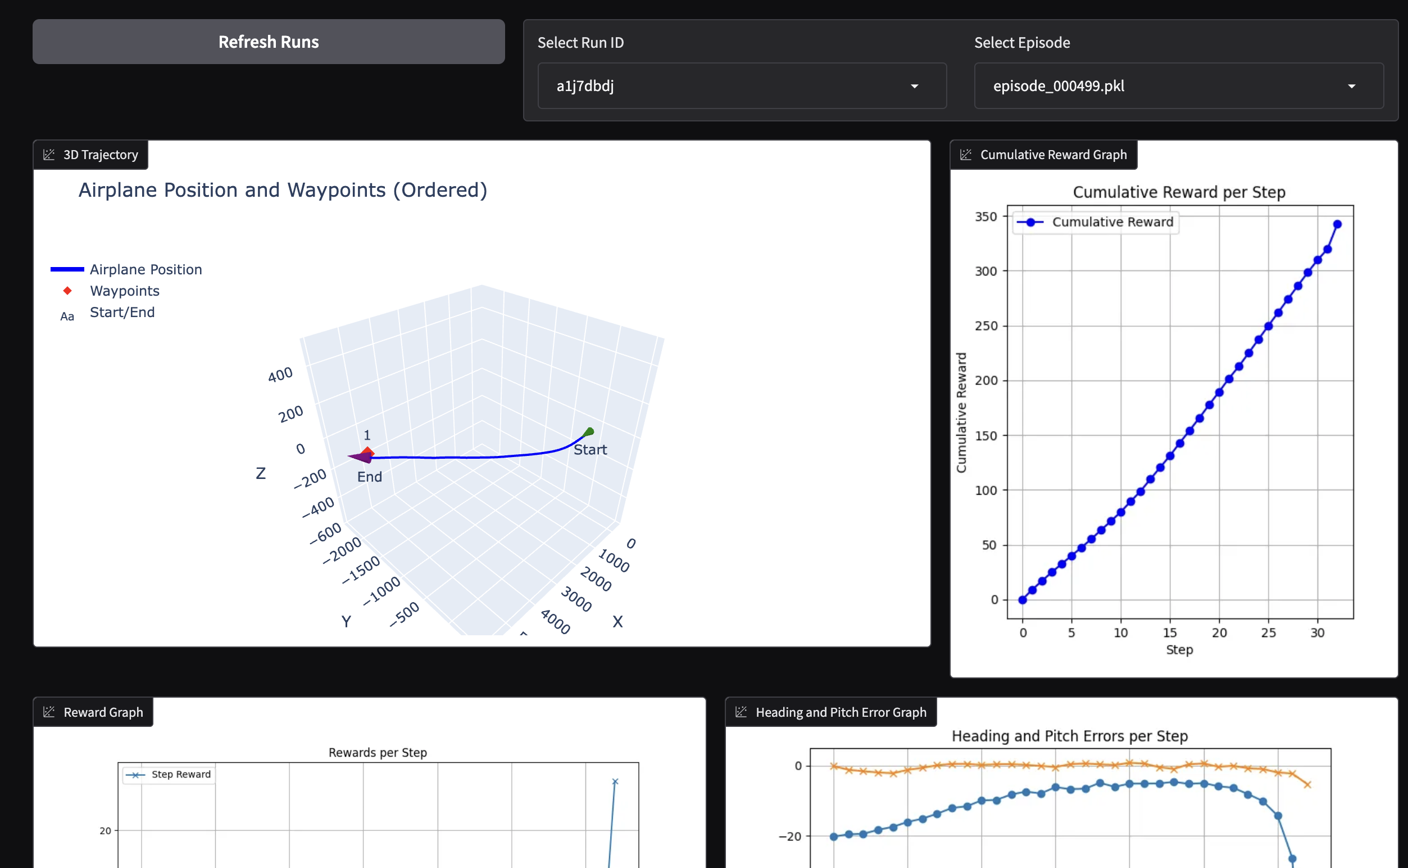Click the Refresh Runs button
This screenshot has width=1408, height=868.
pyautogui.click(x=269, y=42)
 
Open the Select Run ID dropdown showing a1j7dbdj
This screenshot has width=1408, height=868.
pyautogui.click(x=741, y=86)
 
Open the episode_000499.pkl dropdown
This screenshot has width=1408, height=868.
pyautogui.click(x=1178, y=86)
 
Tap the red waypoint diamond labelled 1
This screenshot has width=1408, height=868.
pyautogui.click(x=368, y=453)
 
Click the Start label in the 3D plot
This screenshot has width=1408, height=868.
pyautogui.click(x=590, y=450)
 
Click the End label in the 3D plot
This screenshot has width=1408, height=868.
pyautogui.click(x=370, y=477)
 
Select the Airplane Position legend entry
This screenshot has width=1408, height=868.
pyautogui.click(x=145, y=269)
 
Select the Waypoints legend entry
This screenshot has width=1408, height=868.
pyautogui.click(x=124, y=291)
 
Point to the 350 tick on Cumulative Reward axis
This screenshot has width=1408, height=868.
pyautogui.click(x=985, y=217)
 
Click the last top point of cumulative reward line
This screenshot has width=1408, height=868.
pyautogui.click(x=1337, y=224)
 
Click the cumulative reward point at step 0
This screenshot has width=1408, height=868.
pyautogui.click(x=1023, y=600)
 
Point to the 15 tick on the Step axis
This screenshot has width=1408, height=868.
pyautogui.click(x=1170, y=632)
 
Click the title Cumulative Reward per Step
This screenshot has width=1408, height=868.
pyautogui.click(x=1179, y=192)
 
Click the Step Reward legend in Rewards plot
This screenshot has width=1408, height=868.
pyautogui.click(x=180, y=775)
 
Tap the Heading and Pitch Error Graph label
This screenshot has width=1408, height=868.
pyautogui.click(x=840, y=712)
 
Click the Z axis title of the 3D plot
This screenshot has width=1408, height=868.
pyautogui.click(x=261, y=473)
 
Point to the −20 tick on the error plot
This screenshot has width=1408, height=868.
pyautogui.click(x=790, y=837)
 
